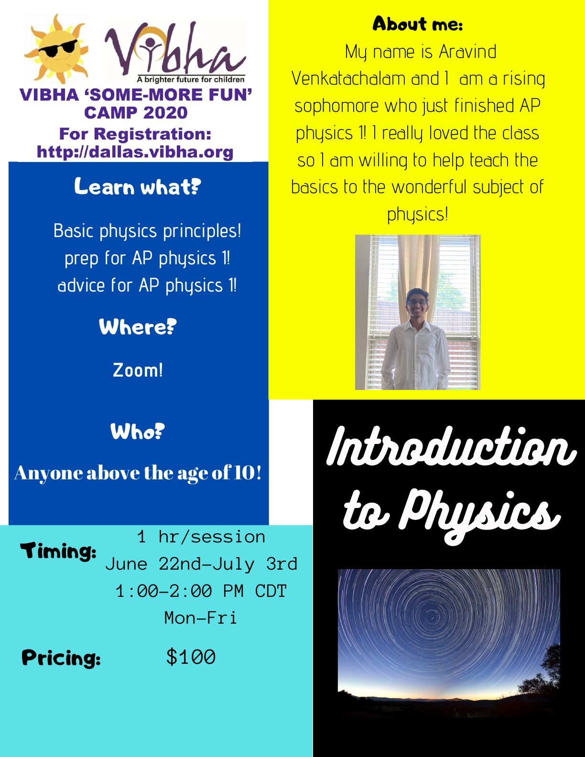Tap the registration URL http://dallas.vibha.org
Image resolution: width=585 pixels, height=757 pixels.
[x=135, y=152]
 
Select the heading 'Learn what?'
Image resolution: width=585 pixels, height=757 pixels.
[x=138, y=187]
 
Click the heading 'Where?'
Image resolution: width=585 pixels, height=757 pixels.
[x=138, y=327]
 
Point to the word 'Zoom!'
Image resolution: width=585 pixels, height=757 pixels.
[x=138, y=370]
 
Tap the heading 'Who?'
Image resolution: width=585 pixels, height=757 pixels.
[x=138, y=432]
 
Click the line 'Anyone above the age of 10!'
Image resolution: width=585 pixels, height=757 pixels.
[x=138, y=473]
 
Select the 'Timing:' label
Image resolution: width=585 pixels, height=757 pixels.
[x=58, y=552]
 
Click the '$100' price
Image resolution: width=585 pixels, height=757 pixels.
[x=191, y=657]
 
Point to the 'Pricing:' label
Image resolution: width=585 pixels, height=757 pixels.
[x=61, y=658]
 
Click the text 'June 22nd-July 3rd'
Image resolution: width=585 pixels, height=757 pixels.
[x=201, y=564]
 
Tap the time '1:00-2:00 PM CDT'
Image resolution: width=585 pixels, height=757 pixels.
[x=201, y=591]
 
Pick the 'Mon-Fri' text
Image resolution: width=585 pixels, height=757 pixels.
[x=201, y=618]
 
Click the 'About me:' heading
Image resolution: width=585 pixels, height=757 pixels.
[x=418, y=24]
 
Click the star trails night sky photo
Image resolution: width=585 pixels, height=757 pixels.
[x=449, y=640]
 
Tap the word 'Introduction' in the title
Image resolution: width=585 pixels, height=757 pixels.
[x=451, y=447]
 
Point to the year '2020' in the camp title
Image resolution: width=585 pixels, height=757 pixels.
[x=165, y=113]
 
